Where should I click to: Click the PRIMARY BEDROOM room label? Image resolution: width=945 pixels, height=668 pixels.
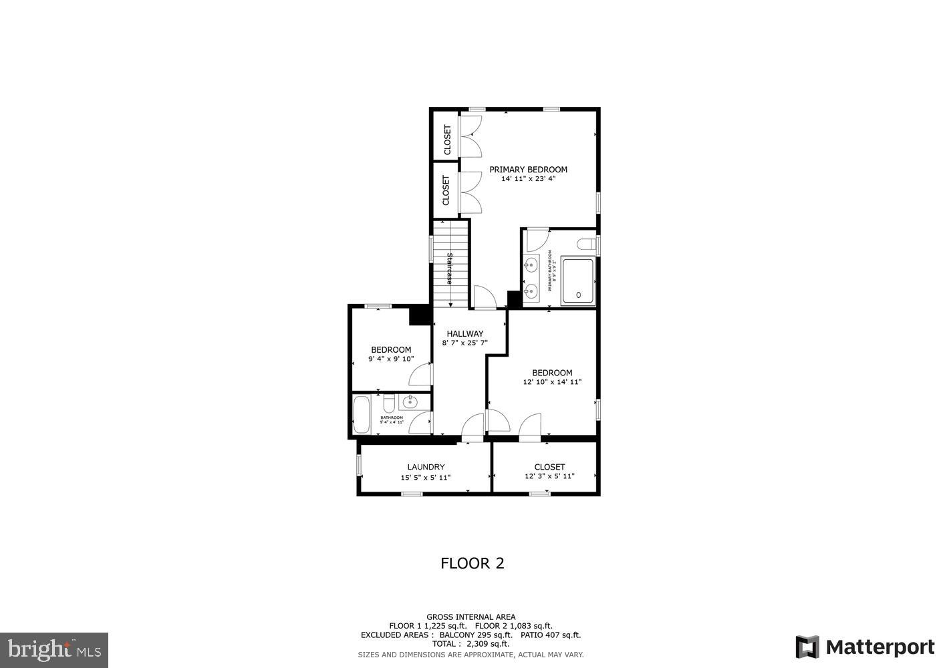[x=528, y=170]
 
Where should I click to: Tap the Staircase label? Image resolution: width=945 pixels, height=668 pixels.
[x=450, y=269]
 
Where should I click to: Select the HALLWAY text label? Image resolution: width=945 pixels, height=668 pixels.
[x=464, y=334]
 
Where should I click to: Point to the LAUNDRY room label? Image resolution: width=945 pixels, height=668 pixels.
[x=426, y=467]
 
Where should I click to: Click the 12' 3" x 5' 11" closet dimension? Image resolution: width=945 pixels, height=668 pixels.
[x=549, y=477]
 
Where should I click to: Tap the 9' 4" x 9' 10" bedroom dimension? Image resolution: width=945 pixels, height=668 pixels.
[x=391, y=359]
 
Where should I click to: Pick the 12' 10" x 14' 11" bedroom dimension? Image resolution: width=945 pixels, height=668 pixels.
[x=552, y=383]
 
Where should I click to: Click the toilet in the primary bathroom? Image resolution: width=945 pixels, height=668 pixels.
[x=587, y=245]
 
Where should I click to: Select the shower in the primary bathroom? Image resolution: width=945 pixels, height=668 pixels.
[x=578, y=281]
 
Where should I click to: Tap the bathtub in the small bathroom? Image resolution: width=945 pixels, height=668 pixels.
[x=362, y=415]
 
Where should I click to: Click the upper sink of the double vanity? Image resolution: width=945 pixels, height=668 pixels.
[x=531, y=266]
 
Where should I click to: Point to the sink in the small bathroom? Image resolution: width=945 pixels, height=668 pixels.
[x=409, y=402]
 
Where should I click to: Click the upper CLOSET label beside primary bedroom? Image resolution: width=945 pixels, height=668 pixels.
[x=447, y=140]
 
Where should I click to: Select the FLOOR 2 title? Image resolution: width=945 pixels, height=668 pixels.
[x=472, y=563]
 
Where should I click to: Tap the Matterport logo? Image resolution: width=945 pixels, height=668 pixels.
[x=865, y=647]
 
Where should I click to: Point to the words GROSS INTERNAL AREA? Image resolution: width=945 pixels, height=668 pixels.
[x=470, y=617]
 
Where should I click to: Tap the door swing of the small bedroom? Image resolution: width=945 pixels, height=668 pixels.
[x=421, y=375]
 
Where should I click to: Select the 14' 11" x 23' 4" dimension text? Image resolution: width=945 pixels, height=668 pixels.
[x=528, y=179]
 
